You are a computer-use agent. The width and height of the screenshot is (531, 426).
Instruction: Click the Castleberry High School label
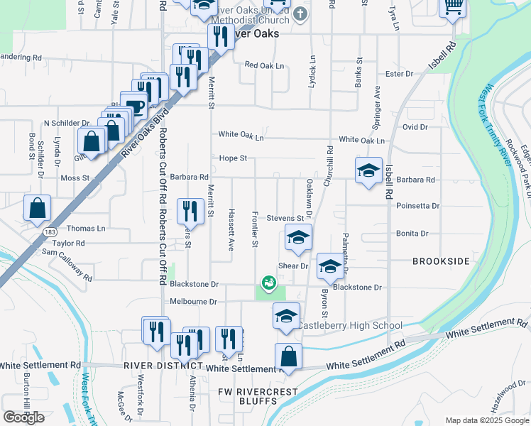point(349,326)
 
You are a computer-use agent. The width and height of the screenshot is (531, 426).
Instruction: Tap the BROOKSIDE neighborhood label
point(441,261)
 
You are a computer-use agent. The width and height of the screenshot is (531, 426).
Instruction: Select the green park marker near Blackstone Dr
point(268,283)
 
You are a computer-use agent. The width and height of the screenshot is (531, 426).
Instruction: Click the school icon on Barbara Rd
point(368,170)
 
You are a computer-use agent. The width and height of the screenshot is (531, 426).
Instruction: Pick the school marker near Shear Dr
point(329,266)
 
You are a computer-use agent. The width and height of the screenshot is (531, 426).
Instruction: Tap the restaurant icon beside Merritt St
point(190,209)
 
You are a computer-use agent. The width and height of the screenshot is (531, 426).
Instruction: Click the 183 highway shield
point(50,232)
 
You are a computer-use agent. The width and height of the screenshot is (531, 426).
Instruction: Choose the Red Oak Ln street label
point(264,65)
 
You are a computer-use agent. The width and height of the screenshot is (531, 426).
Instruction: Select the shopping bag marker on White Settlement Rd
point(288,356)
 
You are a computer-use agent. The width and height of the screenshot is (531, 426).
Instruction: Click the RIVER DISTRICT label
point(158,366)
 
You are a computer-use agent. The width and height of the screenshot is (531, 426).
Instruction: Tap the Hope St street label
point(233,158)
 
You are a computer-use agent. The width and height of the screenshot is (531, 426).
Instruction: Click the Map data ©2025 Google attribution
point(487,420)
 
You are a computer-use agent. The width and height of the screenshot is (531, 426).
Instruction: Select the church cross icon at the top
point(300,13)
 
